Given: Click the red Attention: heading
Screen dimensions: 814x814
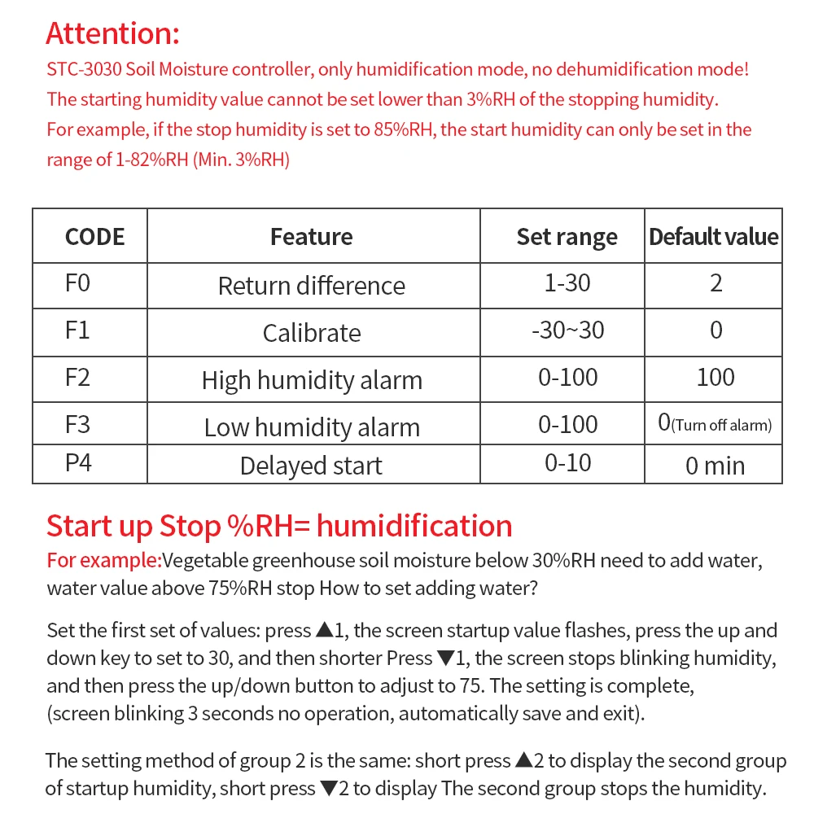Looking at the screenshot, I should tap(112, 34).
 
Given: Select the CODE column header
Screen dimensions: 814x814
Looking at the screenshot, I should tap(94, 237).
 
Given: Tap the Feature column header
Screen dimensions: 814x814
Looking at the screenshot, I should tap(312, 237).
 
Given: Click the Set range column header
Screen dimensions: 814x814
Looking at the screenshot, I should tap(567, 237).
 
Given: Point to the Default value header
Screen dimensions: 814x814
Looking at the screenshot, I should tap(713, 237).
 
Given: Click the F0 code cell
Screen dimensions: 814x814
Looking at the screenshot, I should tap(77, 284).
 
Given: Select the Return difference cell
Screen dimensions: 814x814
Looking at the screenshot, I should tap(312, 286).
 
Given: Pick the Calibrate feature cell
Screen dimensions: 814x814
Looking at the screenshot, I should tap(312, 333).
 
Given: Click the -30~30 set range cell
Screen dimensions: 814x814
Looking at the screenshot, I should tap(567, 330).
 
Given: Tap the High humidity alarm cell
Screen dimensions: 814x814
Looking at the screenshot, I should tap(312, 380).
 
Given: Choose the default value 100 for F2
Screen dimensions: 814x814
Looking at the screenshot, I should tap(716, 378).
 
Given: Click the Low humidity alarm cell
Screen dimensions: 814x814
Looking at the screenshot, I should tap(312, 427).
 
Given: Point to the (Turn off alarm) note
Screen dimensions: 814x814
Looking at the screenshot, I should tap(722, 425).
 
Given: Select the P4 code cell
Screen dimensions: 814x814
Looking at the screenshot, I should tap(77, 463).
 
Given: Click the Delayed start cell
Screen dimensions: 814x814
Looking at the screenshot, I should tap(311, 466).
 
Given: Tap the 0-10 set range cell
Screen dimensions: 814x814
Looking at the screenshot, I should tap(567, 463).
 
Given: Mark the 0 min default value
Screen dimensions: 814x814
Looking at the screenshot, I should tap(715, 466).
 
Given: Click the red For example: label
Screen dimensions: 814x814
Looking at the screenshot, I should tap(103, 560).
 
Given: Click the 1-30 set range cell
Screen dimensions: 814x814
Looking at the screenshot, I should tap(567, 283).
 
